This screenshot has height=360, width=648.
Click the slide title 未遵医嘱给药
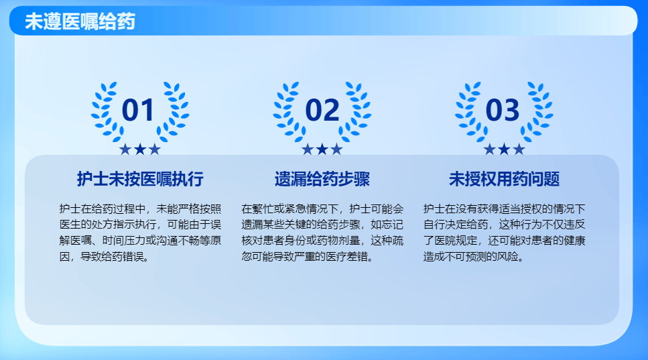(x=80, y=22)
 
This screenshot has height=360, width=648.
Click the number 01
(x=139, y=110)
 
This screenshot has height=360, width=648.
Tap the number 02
(x=322, y=110)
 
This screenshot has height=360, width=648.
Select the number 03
(x=503, y=110)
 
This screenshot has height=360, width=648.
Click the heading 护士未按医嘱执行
(x=140, y=179)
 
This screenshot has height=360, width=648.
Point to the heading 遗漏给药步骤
(x=322, y=179)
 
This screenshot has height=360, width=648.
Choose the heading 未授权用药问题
(x=504, y=179)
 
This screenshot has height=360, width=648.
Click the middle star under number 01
(x=140, y=149)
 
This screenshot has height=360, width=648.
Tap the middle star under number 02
(x=322, y=149)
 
